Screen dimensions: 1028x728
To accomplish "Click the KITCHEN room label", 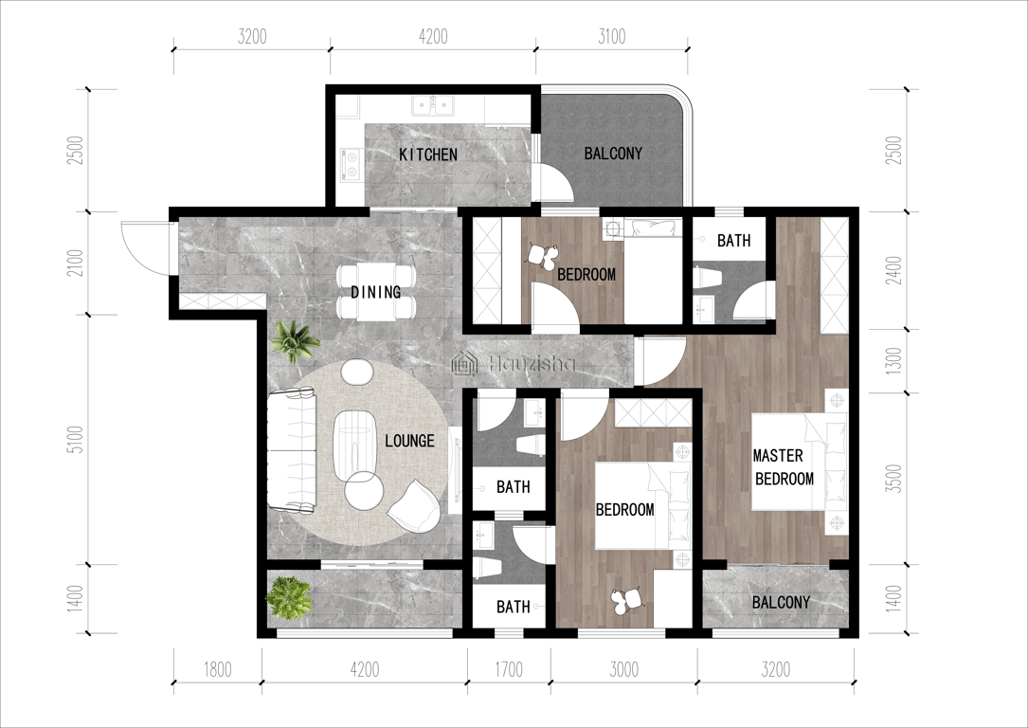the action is coord(428,155).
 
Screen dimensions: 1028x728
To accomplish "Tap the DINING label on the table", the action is coord(375,292).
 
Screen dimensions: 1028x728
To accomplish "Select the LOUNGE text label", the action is coord(409,441).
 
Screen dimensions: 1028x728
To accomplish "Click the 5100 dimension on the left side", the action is coord(76,440).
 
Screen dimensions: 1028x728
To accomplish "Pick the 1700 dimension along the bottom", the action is coord(509,669).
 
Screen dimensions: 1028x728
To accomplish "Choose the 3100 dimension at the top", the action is coord(612,36).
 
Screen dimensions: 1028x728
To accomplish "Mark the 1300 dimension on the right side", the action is coord(893,361).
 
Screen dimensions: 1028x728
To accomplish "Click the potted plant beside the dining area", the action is coord(295,340).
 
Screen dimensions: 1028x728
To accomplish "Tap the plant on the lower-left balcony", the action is coord(288,597).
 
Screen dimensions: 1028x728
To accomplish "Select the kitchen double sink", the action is coord(433,105).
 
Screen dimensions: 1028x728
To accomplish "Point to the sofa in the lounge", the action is coord(292,450).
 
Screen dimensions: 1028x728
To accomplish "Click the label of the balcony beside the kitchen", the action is coord(613,154).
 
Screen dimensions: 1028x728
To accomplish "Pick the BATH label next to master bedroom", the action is coord(733,241).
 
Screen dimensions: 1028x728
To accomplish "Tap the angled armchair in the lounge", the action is coord(414,505).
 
